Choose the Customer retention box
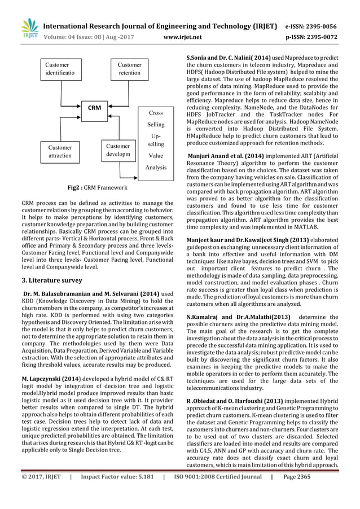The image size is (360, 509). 130,69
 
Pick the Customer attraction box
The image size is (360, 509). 59,151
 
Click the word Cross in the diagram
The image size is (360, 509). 156,113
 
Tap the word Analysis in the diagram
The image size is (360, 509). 156,168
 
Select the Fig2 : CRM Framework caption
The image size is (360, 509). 99,187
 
